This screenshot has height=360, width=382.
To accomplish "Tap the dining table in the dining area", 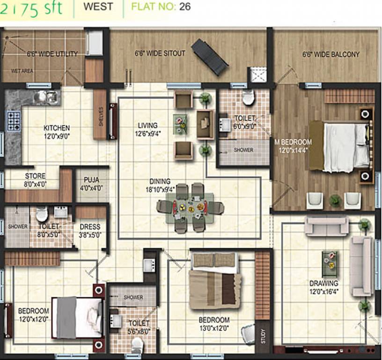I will [190, 207].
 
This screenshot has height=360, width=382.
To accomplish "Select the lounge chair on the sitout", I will [210, 57].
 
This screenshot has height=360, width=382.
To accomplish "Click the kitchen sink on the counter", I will [47, 97].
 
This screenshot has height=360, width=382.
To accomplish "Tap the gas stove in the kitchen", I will [13, 120].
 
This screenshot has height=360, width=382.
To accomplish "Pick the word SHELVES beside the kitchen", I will [101, 115].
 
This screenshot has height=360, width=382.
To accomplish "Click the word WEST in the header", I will [98, 7].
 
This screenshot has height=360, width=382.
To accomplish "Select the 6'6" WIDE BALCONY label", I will [331, 54].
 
